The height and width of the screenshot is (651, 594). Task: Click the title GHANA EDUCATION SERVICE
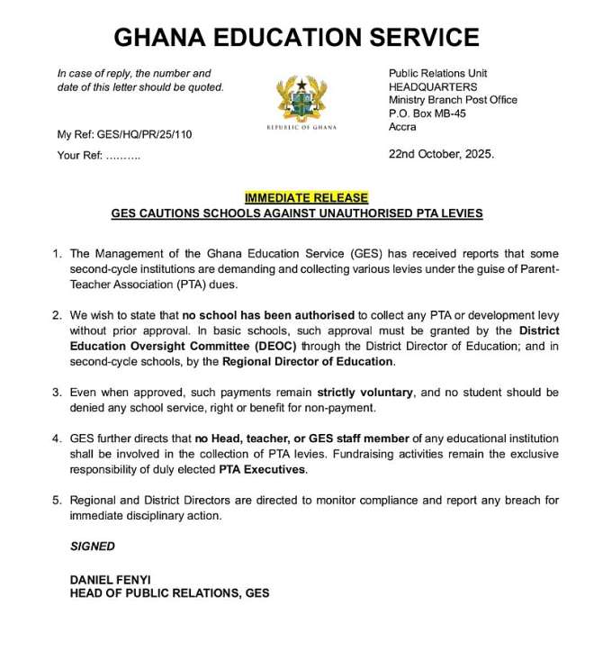[x=296, y=38]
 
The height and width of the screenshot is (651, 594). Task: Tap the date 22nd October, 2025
[x=441, y=154]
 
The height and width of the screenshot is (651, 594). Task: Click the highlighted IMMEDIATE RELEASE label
[x=306, y=198]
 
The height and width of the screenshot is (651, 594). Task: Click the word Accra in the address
[x=403, y=127]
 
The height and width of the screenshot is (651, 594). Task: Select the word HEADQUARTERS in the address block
[x=433, y=86]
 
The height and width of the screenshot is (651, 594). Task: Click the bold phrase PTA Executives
[x=263, y=470]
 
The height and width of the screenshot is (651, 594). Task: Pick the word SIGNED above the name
[x=93, y=547]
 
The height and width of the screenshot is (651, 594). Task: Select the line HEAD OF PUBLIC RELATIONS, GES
[x=169, y=593]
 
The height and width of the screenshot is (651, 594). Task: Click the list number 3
[x=57, y=393]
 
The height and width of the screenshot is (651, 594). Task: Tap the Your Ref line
[x=98, y=155]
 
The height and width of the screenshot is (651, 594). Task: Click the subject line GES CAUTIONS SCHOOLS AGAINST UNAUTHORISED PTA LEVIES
[x=297, y=213]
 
